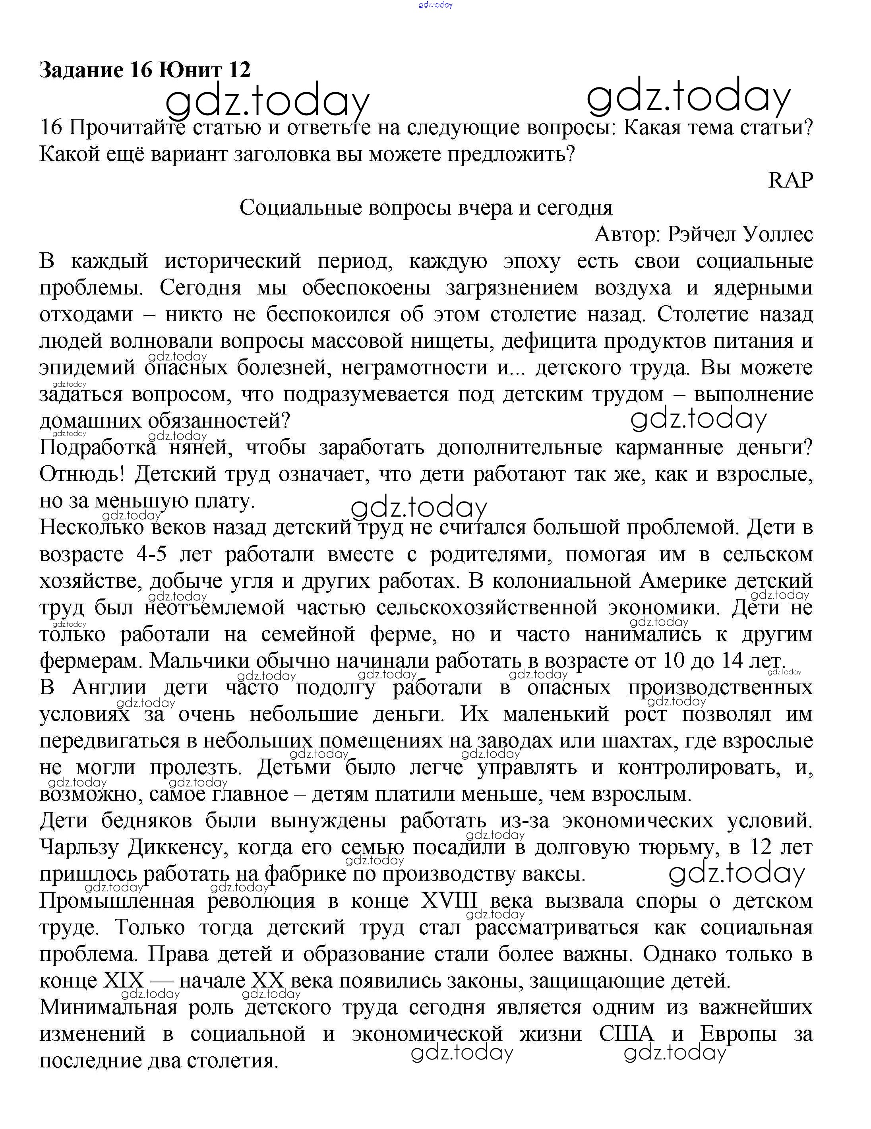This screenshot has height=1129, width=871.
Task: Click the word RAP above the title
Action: pyautogui.click(x=790, y=180)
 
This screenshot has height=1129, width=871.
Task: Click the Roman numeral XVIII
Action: pyautogui.click(x=449, y=901)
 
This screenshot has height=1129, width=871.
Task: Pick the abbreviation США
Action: pyautogui.click(x=626, y=1034)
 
